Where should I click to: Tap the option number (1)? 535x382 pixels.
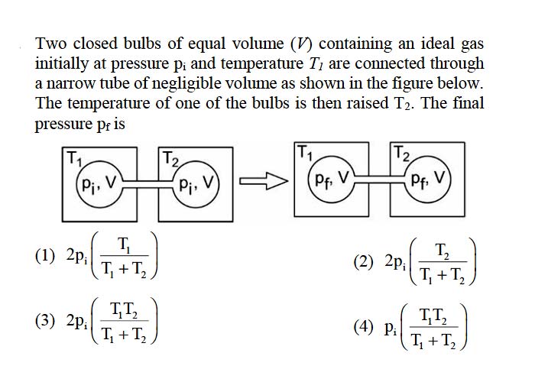coord(44,256)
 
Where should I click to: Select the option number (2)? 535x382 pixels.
coord(363,262)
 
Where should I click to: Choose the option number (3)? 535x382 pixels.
coord(44,322)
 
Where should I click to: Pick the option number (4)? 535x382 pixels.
coord(363,328)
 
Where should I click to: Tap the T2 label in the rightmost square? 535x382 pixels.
coord(401,153)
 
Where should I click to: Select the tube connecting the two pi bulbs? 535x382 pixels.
coord(148,184)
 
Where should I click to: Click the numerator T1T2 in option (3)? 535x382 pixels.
coord(124,311)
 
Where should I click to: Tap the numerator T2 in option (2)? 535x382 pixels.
coord(443,251)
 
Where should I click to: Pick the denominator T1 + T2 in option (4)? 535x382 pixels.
coord(433,340)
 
